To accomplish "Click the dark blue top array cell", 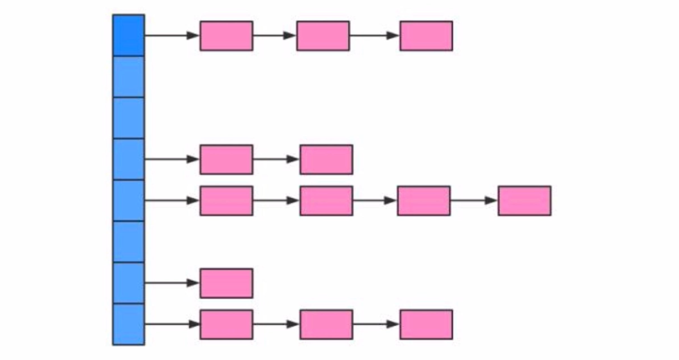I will tap(129, 35).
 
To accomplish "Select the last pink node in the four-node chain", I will tap(524, 201).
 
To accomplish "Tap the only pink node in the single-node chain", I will tap(226, 283).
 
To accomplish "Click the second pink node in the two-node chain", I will tap(326, 160).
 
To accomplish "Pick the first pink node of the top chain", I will tap(226, 36).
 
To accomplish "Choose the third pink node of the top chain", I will tap(426, 36).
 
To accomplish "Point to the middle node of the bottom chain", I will tap(326, 324).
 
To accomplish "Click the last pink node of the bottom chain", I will tap(426, 324).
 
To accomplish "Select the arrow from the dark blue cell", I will tap(172, 36).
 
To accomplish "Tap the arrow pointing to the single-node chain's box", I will tap(172, 283).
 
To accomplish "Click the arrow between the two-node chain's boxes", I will tap(276, 160).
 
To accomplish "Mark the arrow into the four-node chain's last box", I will tap(474, 201).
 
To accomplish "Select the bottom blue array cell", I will tap(129, 324).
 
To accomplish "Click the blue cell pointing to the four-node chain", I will tap(129, 201).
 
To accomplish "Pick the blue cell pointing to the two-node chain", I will tap(129, 160).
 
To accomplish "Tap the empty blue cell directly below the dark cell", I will tap(129, 77).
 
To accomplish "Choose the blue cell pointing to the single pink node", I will tap(129, 283).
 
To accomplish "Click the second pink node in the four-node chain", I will tap(326, 201).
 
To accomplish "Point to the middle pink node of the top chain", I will tap(323, 36).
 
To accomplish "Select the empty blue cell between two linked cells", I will tap(129, 242).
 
